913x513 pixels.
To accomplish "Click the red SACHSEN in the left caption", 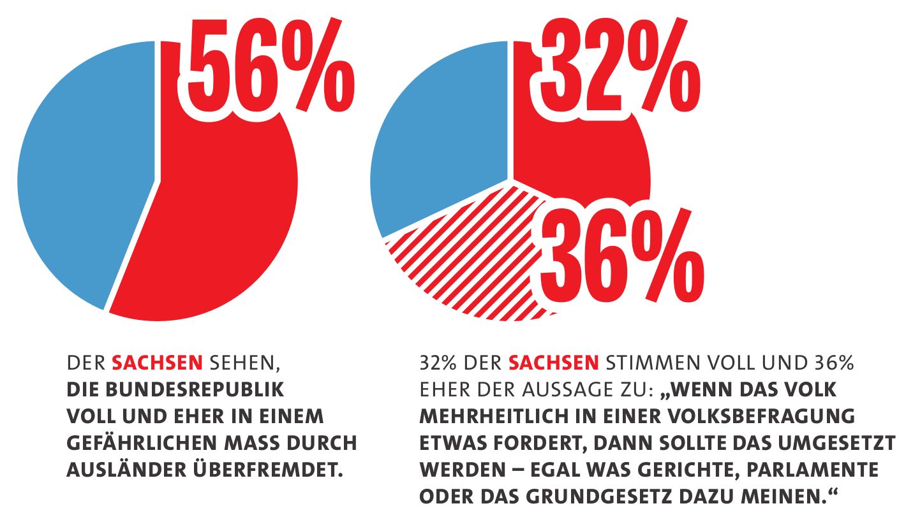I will (157, 364).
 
